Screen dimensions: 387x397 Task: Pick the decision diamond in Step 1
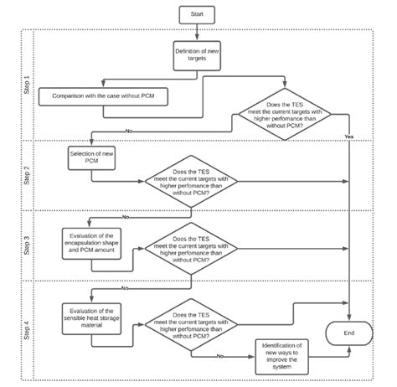[x=275, y=112]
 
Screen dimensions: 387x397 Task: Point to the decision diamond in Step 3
[x=192, y=249]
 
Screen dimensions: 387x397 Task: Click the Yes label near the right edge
[x=348, y=137]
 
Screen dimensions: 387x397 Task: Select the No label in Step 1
[x=128, y=132]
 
